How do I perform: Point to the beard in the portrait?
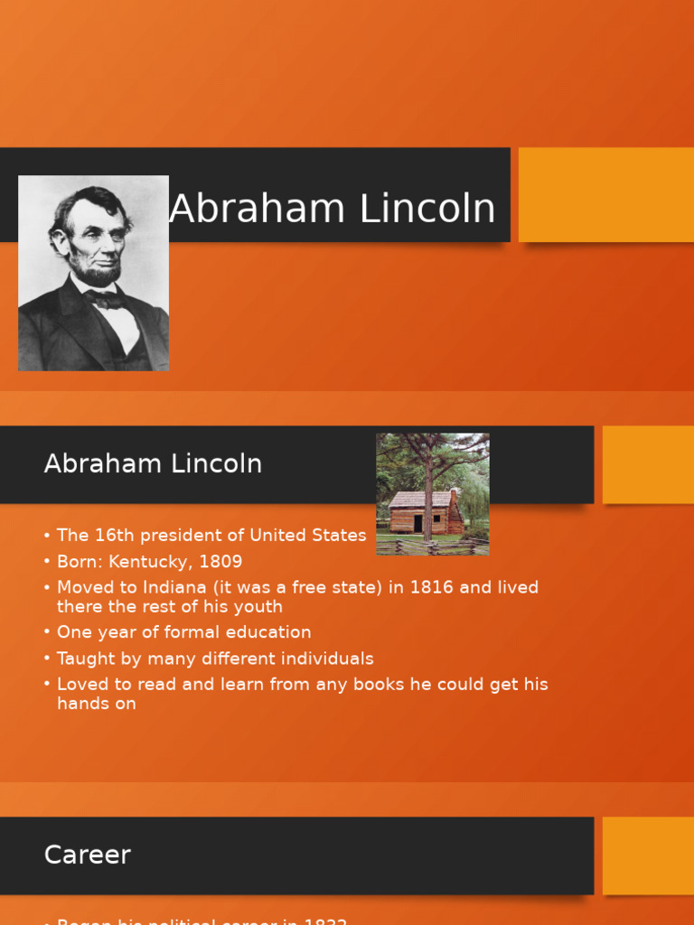click(x=100, y=268)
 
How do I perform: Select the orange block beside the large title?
click(x=605, y=195)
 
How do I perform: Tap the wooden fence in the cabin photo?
click(x=434, y=547)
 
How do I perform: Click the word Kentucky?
click(x=151, y=562)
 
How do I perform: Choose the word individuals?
click(x=326, y=659)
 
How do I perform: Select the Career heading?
click(x=88, y=855)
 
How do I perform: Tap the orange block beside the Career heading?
click(x=648, y=855)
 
